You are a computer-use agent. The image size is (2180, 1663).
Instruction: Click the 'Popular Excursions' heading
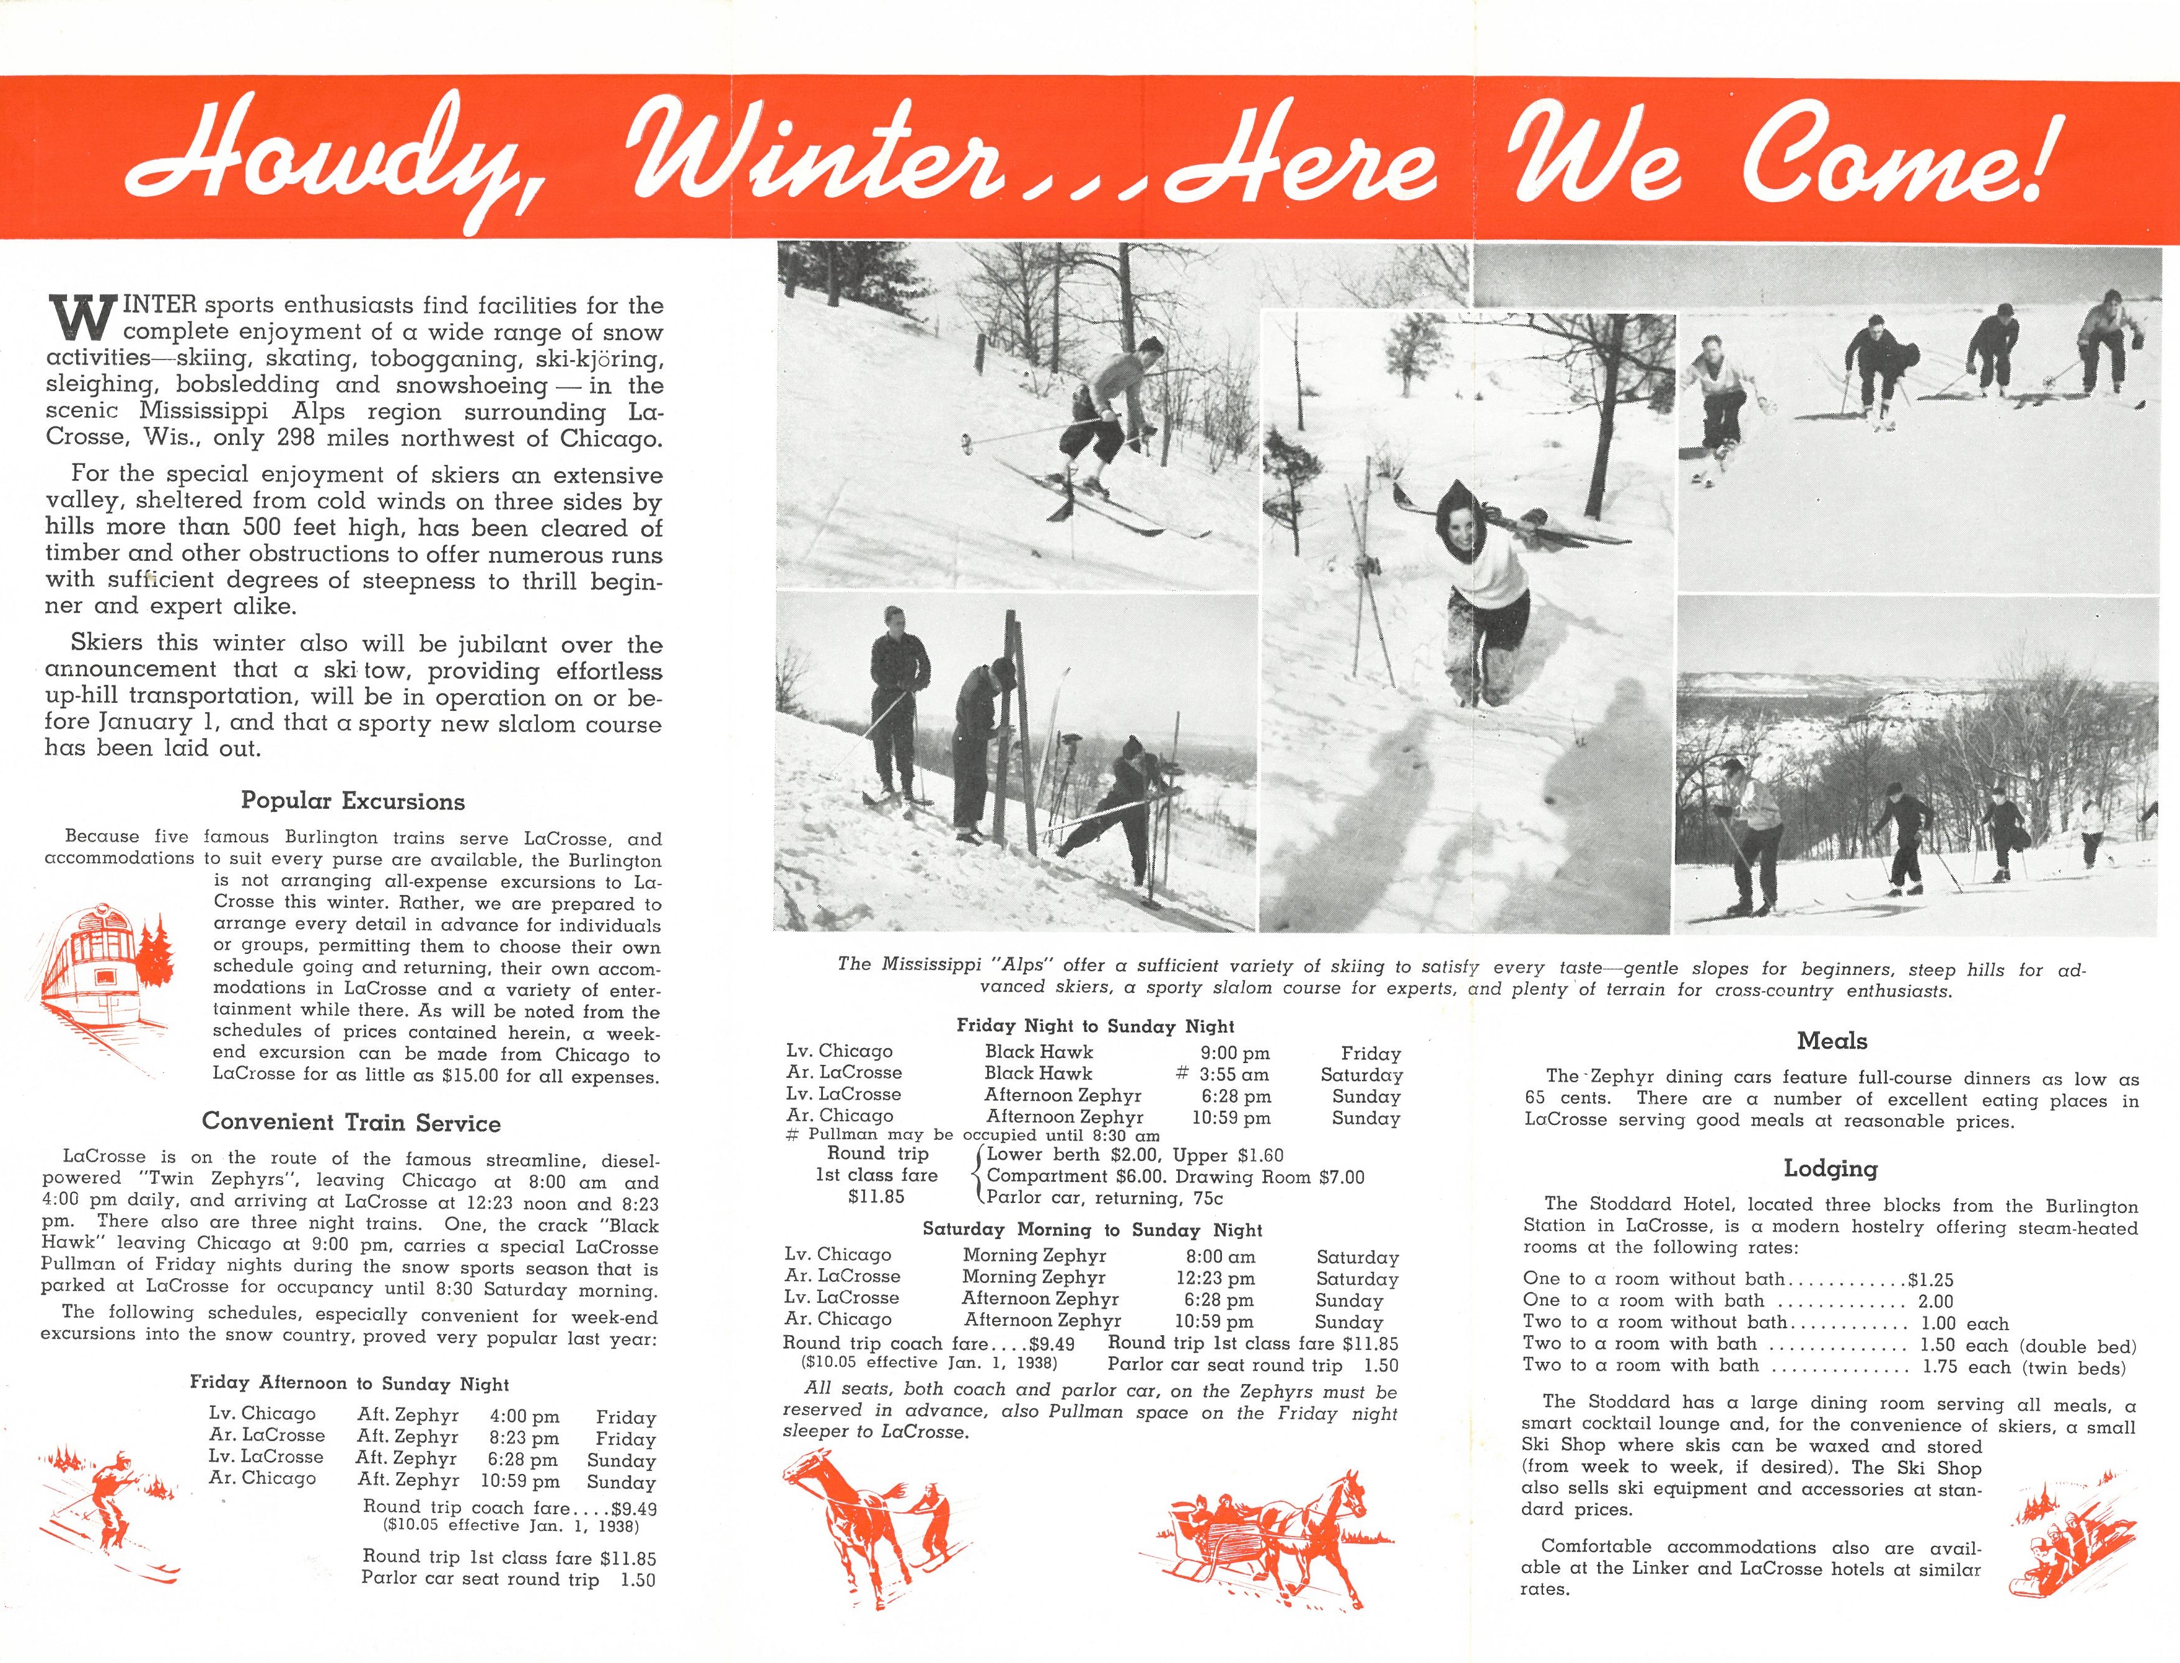point(353,801)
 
